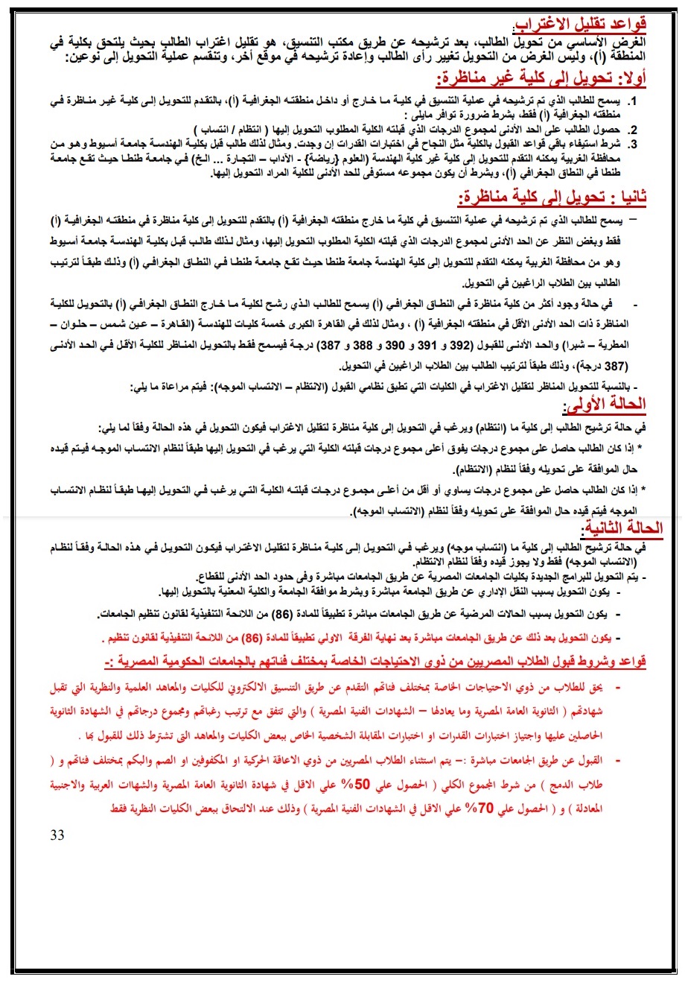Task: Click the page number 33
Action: (57, 835)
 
